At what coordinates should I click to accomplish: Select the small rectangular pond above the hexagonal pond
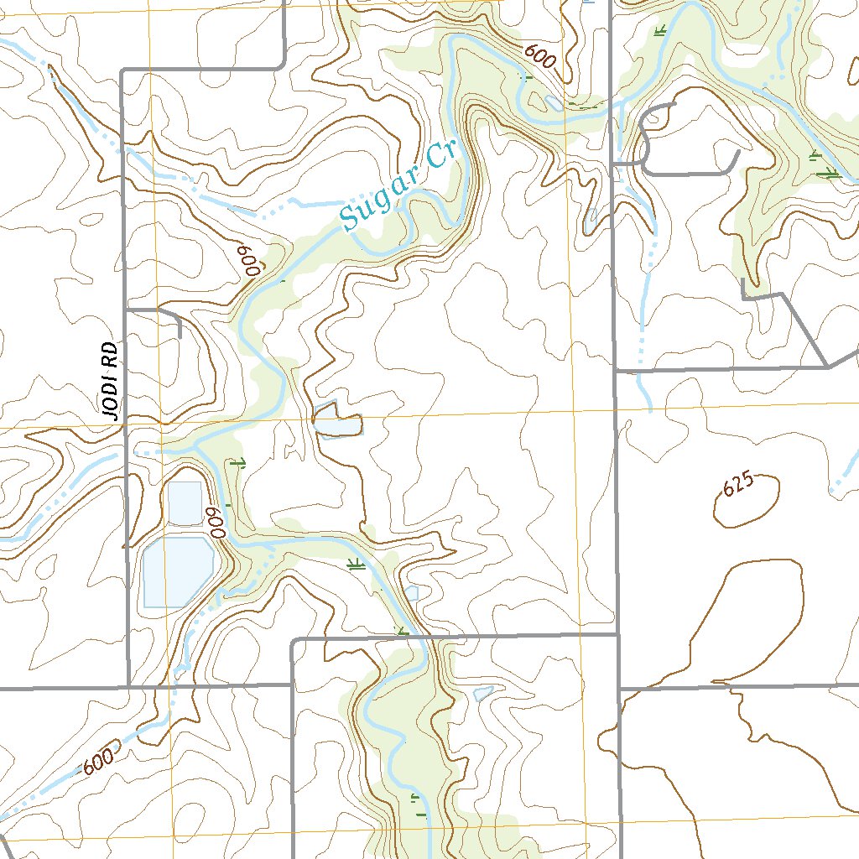[x=185, y=502]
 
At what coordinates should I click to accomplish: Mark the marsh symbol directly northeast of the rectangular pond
[x=237, y=462]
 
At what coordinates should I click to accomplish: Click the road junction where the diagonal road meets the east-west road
[x=828, y=367]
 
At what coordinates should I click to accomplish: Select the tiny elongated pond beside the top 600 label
[x=553, y=102]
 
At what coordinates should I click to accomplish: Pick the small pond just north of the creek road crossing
[x=410, y=594]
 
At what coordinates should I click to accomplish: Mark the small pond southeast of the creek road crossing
[x=482, y=694]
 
